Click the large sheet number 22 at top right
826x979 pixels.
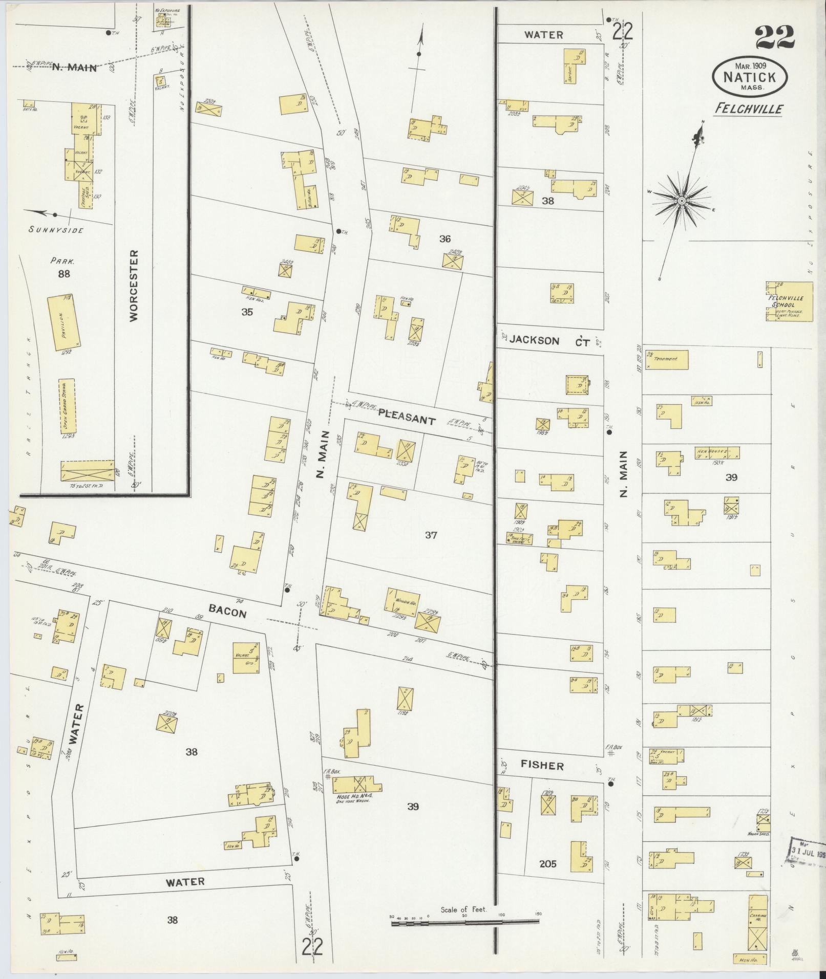774,37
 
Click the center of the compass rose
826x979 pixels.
682,201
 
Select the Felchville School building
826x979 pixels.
789,301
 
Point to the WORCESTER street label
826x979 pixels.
134,285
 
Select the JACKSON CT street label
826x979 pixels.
548,340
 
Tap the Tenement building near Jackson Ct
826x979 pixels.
667,359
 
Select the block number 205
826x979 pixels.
547,864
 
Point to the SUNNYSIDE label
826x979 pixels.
56,230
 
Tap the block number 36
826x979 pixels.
444,238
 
